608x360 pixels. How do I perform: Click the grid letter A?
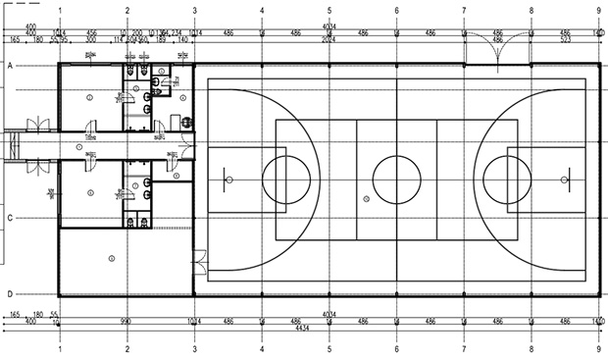tap(9, 65)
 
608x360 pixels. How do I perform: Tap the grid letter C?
tap(9, 217)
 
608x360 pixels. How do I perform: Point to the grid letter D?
tap(9, 293)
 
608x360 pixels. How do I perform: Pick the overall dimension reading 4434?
tap(330, 328)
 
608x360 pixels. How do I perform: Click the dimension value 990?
tap(127, 321)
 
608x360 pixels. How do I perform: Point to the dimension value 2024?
tap(330, 40)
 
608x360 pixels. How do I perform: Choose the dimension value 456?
tap(91, 33)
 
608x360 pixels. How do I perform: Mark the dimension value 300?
tap(91, 40)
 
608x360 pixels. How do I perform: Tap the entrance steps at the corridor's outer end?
tap(12, 146)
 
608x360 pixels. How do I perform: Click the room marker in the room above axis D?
tap(111, 258)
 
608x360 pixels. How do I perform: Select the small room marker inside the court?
tap(366, 198)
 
